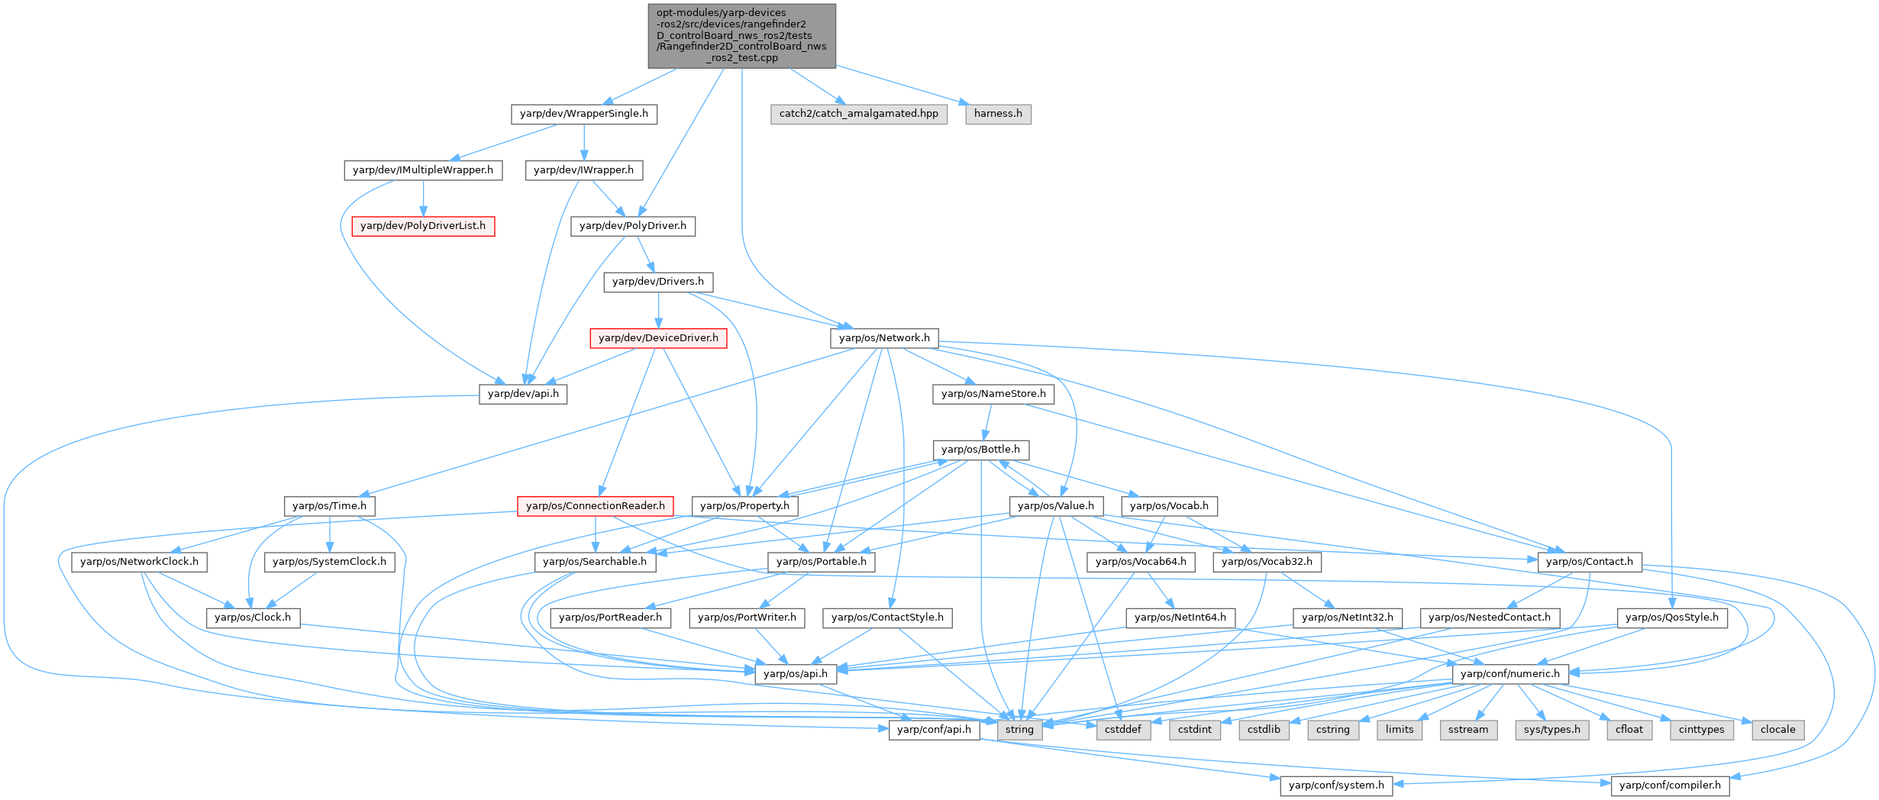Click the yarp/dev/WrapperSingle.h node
coord(583,114)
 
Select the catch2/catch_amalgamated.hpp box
coord(858,114)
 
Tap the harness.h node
coord(998,114)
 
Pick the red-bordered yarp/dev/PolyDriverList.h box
coord(423,226)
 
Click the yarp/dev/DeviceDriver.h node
coord(658,338)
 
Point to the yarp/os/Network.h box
coord(884,338)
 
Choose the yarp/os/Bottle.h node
coord(980,450)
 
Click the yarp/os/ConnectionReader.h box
coord(596,506)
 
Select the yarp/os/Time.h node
coord(329,506)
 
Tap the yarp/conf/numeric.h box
coord(1510,674)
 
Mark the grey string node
coord(1019,730)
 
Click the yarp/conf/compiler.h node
coord(1670,785)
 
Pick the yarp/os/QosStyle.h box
coord(1672,618)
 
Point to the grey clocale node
coord(1778,730)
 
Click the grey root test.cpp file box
coord(741,35)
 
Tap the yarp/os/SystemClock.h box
coord(329,562)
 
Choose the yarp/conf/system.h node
coord(1336,785)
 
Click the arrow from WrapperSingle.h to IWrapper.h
coord(584,142)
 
